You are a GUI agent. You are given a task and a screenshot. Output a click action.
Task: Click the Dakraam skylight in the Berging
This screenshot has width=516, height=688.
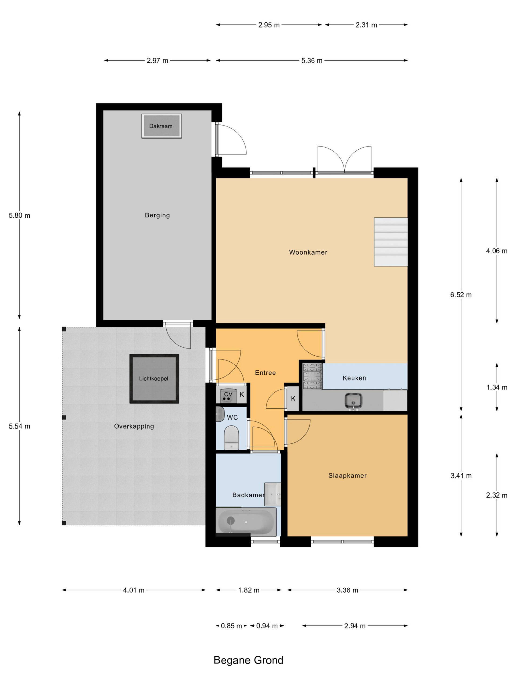click(x=162, y=126)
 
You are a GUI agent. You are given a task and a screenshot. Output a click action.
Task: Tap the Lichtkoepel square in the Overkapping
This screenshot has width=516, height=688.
click(x=154, y=378)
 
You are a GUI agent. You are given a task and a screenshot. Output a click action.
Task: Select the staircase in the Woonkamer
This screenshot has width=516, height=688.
click(x=391, y=242)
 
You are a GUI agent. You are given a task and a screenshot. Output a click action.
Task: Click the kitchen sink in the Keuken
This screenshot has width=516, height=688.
click(x=353, y=401)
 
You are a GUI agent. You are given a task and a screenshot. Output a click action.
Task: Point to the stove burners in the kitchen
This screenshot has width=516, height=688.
click(x=312, y=376)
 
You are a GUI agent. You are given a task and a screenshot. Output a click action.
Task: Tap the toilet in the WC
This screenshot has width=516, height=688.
click(x=231, y=437)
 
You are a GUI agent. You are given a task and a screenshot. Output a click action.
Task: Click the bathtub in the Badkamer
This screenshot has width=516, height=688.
click(x=246, y=522)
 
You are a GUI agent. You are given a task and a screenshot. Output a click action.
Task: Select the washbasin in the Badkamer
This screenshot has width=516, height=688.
click(x=273, y=494)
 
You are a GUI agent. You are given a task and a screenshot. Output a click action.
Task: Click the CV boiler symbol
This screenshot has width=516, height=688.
click(x=228, y=396)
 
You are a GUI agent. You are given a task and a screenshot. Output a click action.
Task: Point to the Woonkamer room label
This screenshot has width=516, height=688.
click(x=308, y=252)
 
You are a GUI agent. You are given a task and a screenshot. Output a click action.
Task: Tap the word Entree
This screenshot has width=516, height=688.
click(x=265, y=372)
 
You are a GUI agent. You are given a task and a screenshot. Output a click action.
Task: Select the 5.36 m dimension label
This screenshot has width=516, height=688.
click(x=312, y=61)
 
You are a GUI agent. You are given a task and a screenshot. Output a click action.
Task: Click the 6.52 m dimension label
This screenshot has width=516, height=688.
click(x=461, y=295)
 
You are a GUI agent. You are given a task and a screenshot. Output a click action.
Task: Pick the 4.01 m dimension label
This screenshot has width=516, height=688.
click(x=134, y=590)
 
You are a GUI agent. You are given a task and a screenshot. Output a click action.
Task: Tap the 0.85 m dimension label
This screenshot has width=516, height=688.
click(x=231, y=626)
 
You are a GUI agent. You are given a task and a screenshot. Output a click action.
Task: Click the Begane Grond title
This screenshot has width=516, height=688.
click(x=249, y=660)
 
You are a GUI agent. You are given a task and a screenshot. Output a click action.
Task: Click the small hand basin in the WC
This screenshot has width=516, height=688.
click(x=220, y=414)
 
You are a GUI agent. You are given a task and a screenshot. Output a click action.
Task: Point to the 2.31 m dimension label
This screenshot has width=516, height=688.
click(x=366, y=25)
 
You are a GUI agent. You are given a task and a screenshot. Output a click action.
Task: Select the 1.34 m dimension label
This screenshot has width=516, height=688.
click(x=497, y=387)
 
